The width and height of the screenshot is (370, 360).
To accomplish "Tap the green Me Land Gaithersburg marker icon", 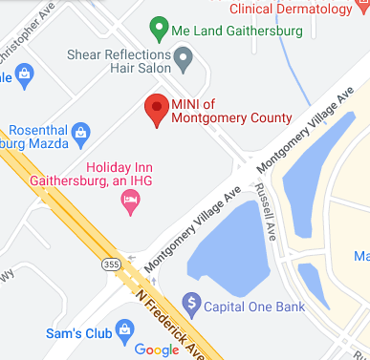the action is (160, 30).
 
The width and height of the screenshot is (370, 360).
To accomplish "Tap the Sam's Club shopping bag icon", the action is (124, 331).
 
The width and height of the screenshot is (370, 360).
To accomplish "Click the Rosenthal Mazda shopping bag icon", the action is (81, 131).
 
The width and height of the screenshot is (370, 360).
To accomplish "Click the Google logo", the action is (156, 350).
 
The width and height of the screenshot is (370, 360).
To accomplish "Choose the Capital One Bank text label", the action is (253, 307).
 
